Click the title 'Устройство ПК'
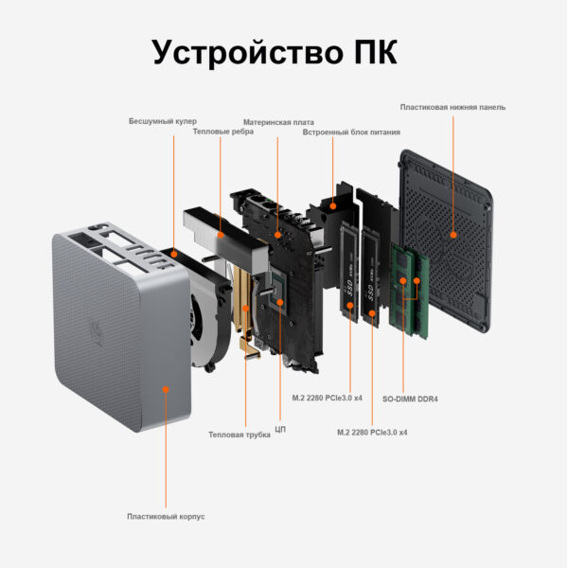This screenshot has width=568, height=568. click(275, 53)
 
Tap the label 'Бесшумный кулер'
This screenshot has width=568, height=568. click(163, 121)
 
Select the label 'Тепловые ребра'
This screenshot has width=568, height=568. click(223, 132)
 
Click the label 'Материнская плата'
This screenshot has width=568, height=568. click(278, 122)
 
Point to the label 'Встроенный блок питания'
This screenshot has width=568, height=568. click(351, 133)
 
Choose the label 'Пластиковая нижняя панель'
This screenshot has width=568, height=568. click(453, 107)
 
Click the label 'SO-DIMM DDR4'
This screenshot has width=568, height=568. click(410, 399)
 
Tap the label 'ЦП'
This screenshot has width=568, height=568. click(280, 430)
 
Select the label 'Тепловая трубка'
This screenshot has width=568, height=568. click(240, 435)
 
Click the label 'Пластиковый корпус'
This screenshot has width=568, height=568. click(166, 517)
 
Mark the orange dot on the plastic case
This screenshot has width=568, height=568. click(166, 390)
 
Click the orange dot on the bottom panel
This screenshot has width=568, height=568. click(453, 235)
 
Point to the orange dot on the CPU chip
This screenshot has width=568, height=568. click(280, 302)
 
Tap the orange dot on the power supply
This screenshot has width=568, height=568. click(333, 206)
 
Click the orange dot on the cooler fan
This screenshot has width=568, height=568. click(174, 255)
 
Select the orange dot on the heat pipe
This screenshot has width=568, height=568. click(245, 309)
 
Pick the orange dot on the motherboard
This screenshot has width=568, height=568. click(277, 235)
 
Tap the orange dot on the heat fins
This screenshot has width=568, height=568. click(221, 235)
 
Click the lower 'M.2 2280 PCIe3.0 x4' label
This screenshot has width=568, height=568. click(372, 433)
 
